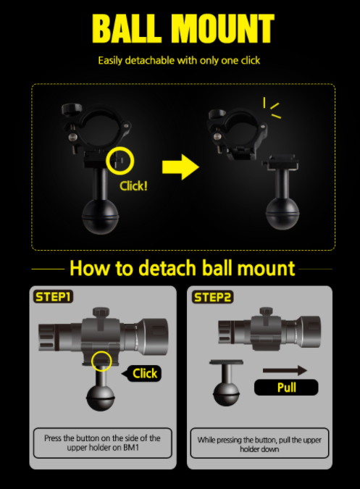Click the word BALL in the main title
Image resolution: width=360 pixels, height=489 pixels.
[x=127, y=28]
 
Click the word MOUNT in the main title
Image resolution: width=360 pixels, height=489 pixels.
[x=223, y=28]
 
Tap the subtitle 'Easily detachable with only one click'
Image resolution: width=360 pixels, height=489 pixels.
[x=179, y=60]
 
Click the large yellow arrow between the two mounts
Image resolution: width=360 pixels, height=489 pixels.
[x=181, y=167]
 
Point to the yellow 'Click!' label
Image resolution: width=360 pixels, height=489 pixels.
[x=133, y=186]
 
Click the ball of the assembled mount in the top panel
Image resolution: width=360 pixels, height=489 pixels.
[x=101, y=216]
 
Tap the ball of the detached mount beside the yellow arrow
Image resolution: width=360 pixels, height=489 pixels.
[x=282, y=213]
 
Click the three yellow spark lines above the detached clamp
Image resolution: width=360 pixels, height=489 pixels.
[x=272, y=107]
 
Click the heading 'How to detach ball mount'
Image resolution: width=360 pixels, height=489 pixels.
[x=182, y=268]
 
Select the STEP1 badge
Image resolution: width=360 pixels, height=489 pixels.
[x=53, y=297]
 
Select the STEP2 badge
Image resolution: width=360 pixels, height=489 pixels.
[x=212, y=297]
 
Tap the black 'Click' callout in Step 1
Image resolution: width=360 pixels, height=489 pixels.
[x=142, y=373]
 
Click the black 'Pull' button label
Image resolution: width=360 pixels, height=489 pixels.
[x=286, y=388]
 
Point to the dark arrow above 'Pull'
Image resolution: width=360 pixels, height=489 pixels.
[x=285, y=370]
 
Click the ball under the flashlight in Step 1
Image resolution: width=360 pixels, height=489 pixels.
[x=101, y=398]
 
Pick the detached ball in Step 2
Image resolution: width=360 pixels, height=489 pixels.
[x=226, y=393]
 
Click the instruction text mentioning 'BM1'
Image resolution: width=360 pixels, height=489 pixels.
[x=102, y=443]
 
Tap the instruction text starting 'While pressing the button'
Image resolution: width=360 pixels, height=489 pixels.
[x=259, y=444]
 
